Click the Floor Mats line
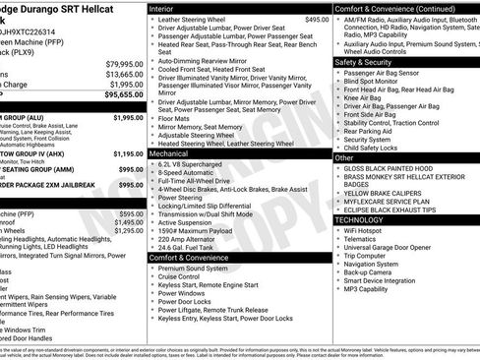pos(178,117)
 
